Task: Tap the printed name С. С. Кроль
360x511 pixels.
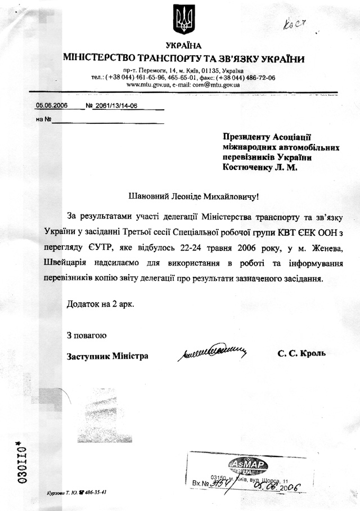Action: (301, 354)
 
